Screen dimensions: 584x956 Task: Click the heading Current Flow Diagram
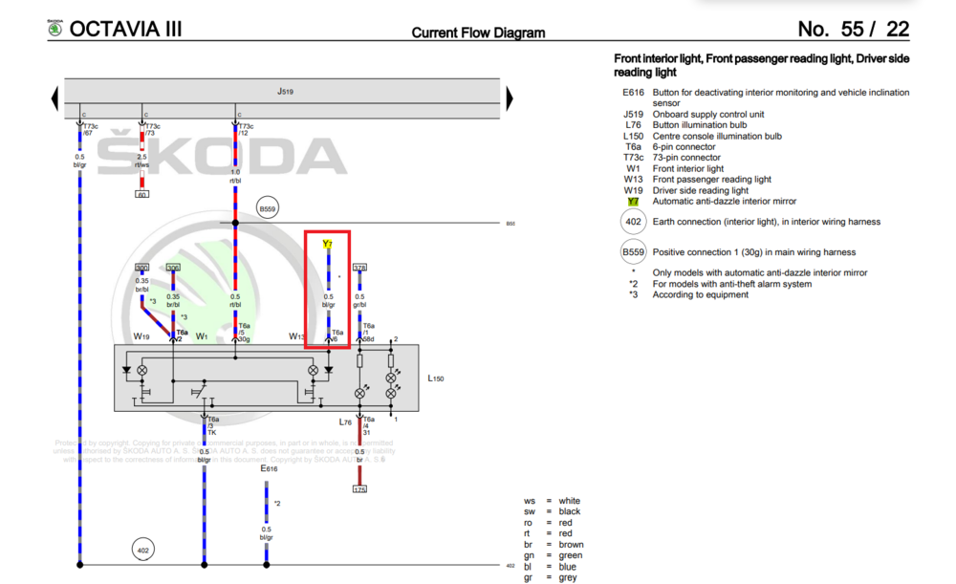478,32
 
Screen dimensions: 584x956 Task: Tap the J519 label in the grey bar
284,92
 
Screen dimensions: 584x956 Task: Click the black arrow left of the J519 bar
55,97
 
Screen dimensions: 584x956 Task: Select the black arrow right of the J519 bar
510,97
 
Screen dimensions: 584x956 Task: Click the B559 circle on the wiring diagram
267,208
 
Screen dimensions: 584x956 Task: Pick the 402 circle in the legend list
632,223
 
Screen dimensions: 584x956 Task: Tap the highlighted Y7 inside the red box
328,244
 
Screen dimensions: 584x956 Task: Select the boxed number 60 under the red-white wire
142,194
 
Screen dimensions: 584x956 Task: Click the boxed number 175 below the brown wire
359,489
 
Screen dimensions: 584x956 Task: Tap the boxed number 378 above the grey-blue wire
359,268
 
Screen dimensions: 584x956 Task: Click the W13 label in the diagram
298,336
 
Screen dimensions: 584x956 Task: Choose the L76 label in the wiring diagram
345,422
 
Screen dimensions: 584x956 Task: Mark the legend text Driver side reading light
700,190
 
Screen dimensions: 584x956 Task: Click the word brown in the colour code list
571,545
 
